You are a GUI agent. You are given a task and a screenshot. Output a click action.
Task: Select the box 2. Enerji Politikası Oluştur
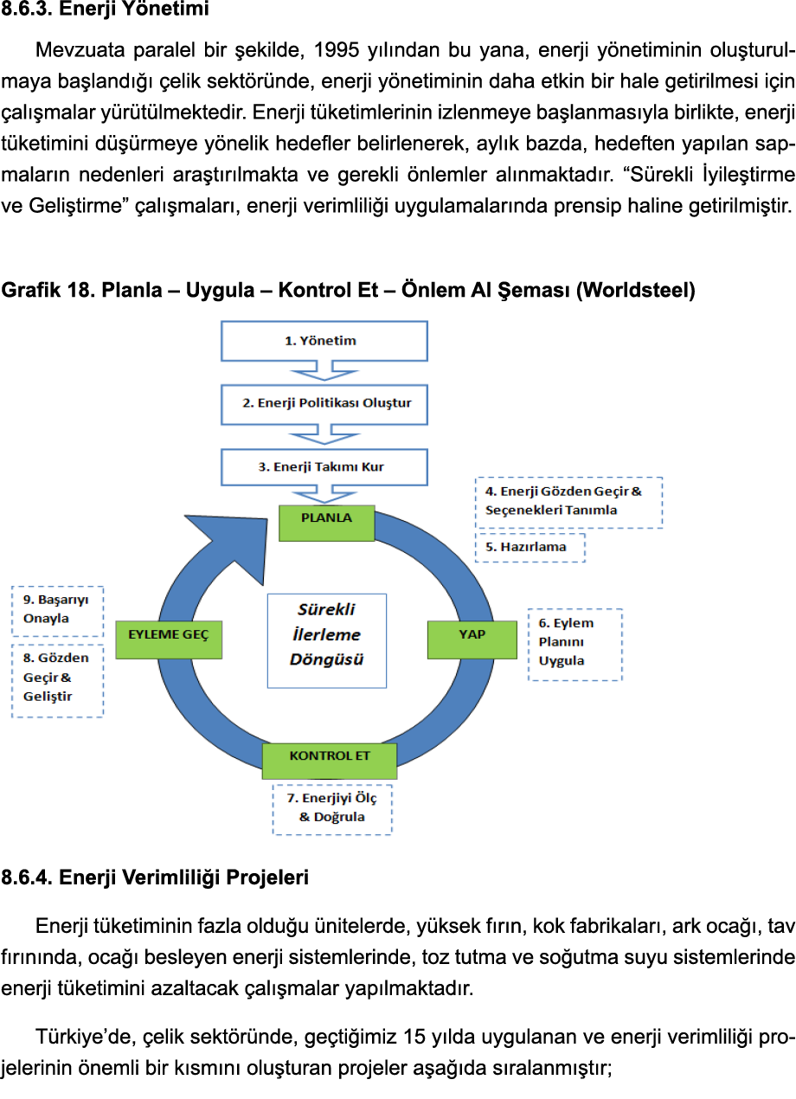click(324, 403)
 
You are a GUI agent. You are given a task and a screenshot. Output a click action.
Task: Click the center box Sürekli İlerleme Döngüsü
click(326, 640)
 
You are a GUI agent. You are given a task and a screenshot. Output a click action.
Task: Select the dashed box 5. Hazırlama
click(530, 547)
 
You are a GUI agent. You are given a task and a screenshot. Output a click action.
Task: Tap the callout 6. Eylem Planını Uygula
click(575, 644)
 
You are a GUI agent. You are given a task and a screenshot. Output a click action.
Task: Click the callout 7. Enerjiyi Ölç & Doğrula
click(332, 808)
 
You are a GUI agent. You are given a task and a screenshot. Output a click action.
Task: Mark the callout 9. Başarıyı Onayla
click(57, 610)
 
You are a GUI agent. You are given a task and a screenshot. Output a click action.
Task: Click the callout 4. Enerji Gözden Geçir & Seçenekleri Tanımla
click(568, 502)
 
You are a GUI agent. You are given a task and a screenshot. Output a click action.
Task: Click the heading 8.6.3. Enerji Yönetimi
click(105, 11)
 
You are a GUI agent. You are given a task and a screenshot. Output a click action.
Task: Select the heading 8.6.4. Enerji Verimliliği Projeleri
click(155, 879)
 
